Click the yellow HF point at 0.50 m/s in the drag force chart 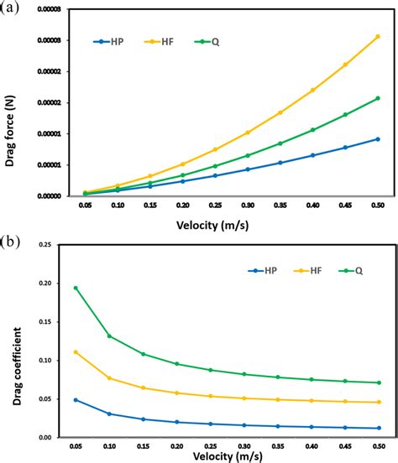[x=377, y=37]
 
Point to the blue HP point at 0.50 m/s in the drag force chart [x=377, y=139]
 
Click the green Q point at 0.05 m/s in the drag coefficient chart [x=76, y=288]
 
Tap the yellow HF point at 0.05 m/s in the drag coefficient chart [x=76, y=352]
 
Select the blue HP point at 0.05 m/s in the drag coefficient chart [x=76, y=400]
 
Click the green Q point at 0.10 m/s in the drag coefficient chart [x=109, y=336]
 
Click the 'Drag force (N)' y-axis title [x=13, y=102]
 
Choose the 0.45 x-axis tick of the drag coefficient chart [x=343, y=445]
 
